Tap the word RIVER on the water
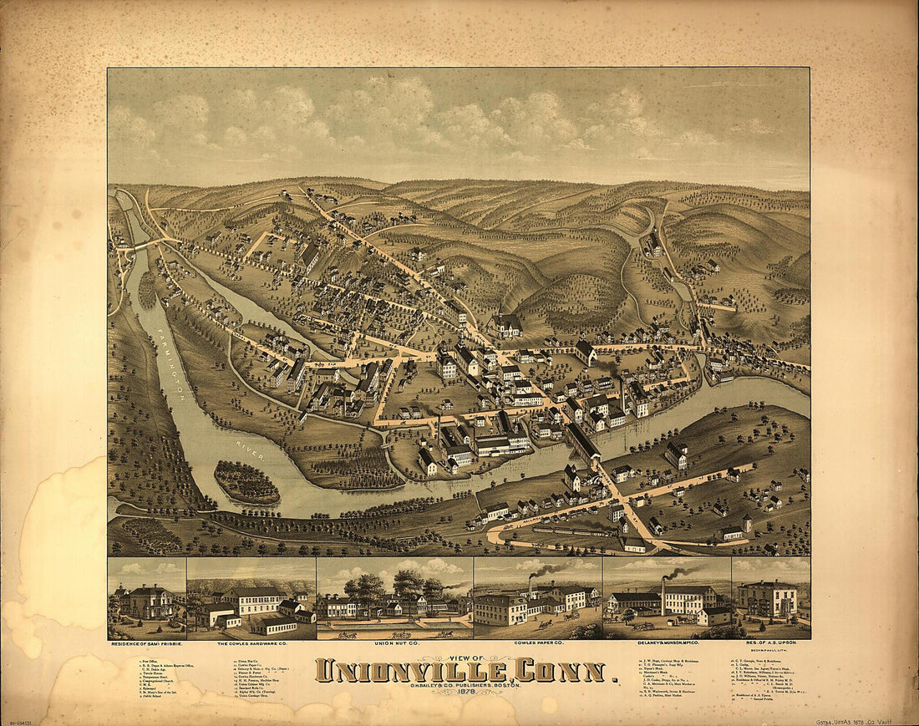coord(250,448)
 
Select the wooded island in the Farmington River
coord(246,482)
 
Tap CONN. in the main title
coord(561,671)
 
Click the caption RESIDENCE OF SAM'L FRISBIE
coord(146,645)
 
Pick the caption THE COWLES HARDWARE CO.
coord(251,645)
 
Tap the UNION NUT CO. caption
coord(394,645)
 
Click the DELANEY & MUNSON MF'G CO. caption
coord(667,645)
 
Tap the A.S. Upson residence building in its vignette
coord(768,599)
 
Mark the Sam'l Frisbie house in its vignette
coord(147,601)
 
